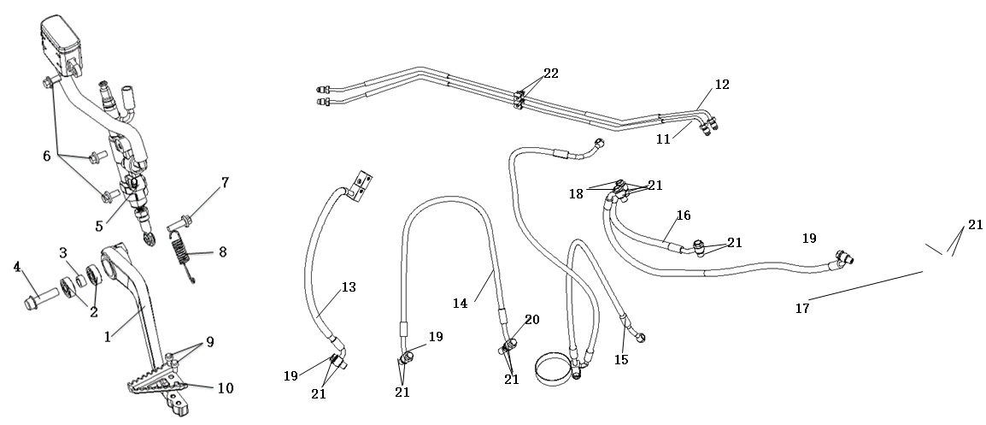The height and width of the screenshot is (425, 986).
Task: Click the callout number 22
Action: (x=550, y=74)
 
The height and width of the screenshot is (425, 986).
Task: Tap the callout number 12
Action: (x=722, y=85)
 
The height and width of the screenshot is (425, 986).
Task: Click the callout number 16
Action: (x=683, y=215)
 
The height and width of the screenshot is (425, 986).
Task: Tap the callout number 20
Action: (x=531, y=319)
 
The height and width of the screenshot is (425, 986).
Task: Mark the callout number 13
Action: (x=348, y=286)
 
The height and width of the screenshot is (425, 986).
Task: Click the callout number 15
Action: (x=620, y=360)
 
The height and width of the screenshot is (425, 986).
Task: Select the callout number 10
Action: (x=225, y=387)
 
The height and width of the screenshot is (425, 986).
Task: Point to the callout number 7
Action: (x=225, y=183)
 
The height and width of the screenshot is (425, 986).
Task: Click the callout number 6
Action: (x=47, y=156)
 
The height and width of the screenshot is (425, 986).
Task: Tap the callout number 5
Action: (x=100, y=227)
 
